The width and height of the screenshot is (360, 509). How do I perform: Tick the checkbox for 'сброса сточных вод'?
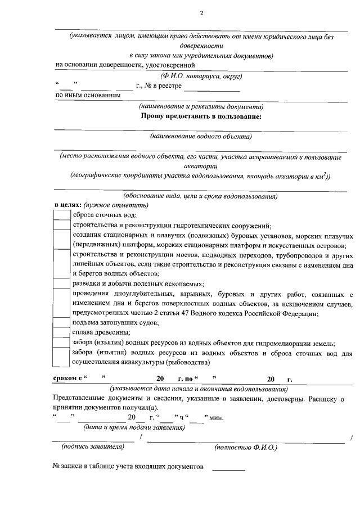(x=62, y=214)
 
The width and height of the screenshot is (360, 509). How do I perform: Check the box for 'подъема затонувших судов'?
(x=62, y=323)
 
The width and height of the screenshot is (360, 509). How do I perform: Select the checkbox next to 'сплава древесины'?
(x=62, y=332)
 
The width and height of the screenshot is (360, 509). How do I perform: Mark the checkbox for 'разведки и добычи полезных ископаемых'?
(x=62, y=284)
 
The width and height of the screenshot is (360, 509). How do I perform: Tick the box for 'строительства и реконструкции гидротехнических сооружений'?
(x=62, y=224)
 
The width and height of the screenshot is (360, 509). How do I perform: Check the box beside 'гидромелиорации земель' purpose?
(x=62, y=343)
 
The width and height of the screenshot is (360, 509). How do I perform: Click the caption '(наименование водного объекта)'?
(x=201, y=136)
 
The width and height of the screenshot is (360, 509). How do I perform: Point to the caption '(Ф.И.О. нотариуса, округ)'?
(x=201, y=75)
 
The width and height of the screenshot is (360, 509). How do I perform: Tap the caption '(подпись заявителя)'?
(x=93, y=447)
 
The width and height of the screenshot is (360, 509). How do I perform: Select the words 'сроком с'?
(x=68, y=379)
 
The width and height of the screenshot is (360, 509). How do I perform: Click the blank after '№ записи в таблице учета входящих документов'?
(x=228, y=467)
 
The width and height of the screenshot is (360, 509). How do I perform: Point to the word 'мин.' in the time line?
(x=217, y=417)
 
